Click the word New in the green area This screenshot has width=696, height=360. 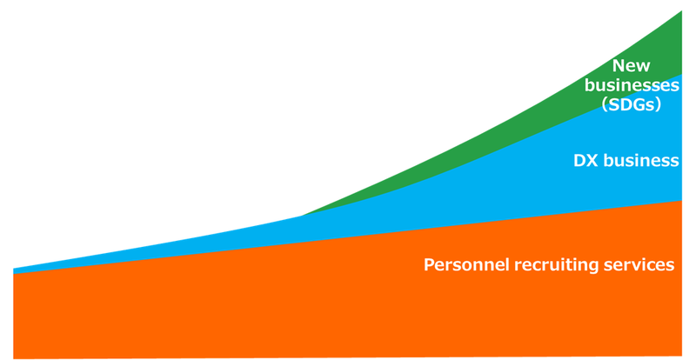tap(631, 66)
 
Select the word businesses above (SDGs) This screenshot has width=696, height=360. tap(632, 85)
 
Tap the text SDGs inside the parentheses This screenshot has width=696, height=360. tap(631, 104)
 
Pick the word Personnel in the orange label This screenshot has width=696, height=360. tap(466, 265)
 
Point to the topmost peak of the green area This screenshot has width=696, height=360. tap(681, 11)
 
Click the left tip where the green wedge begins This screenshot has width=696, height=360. tap(302, 216)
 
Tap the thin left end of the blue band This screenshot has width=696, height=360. tap(14, 270)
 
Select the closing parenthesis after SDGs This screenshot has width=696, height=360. tap(657, 105)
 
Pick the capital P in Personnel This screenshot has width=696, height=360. tap(429, 265)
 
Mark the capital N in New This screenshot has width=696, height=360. tap(619, 66)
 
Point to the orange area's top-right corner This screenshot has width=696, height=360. tap(681, 201)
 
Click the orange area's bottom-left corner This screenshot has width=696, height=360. tap(14, 358)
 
